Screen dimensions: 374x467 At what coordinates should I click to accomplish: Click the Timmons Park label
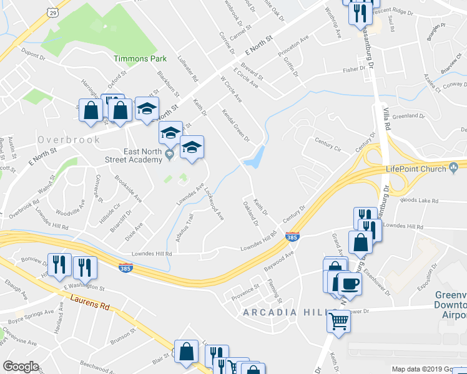(x=140, y=59)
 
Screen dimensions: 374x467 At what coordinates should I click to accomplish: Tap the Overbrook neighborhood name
(x=68, y=140)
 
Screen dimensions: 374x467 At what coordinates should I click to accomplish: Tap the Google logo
(x=21, y=367)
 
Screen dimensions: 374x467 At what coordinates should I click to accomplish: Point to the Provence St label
(x=246, y=290)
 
